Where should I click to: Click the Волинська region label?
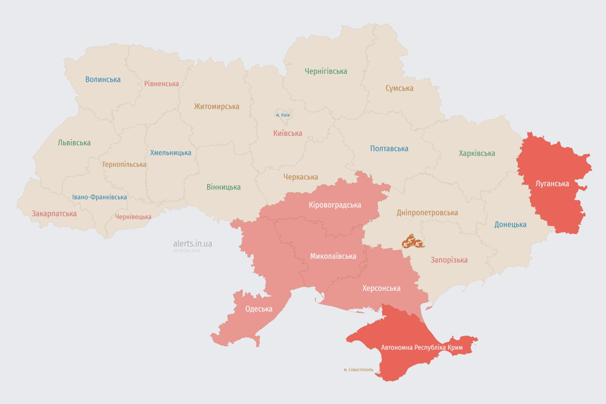(x=103, y=79)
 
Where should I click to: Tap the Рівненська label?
(x=161, y=84)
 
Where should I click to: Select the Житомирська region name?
(x=216, y=106)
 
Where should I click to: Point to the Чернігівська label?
(x=326, y=71)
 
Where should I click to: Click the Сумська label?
(x=399, y=88)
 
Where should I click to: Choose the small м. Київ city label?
(x=282, y=115)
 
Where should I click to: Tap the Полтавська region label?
(x=389, y=148)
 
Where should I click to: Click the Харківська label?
(x=477, y=153)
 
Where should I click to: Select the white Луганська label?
(x=552, y=184)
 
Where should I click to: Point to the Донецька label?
(x=510, y=225)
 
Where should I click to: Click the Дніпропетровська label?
(x=427, y=213)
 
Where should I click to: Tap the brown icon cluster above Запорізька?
(x=413, y=242)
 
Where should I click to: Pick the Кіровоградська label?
(x=335, y=205)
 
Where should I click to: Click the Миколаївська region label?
(x=333, y=256)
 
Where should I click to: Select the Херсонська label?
(x=381, y=288)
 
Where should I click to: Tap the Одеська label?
(x=259, y=309)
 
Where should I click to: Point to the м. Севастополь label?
(x=358, y=370)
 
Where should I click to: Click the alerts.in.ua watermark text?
(x=193, y=244)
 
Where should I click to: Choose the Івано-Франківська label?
(x=99, y=197)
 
